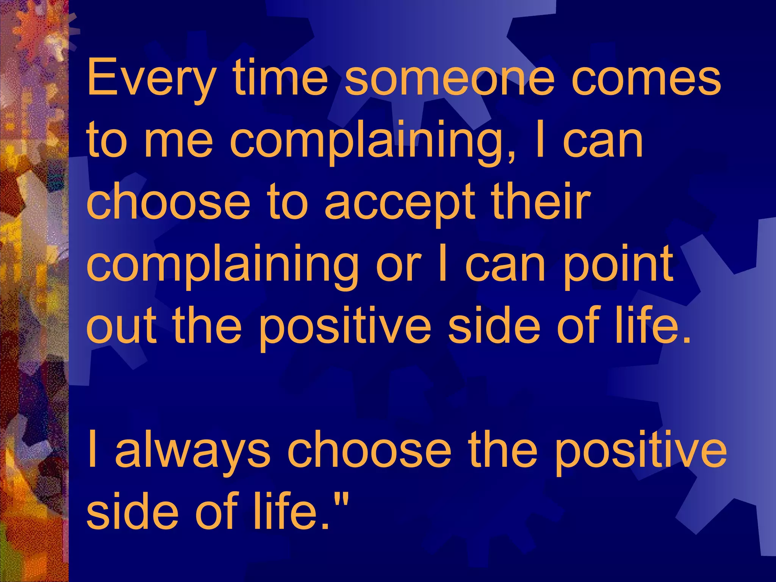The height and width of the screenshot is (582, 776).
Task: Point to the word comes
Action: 646,79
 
